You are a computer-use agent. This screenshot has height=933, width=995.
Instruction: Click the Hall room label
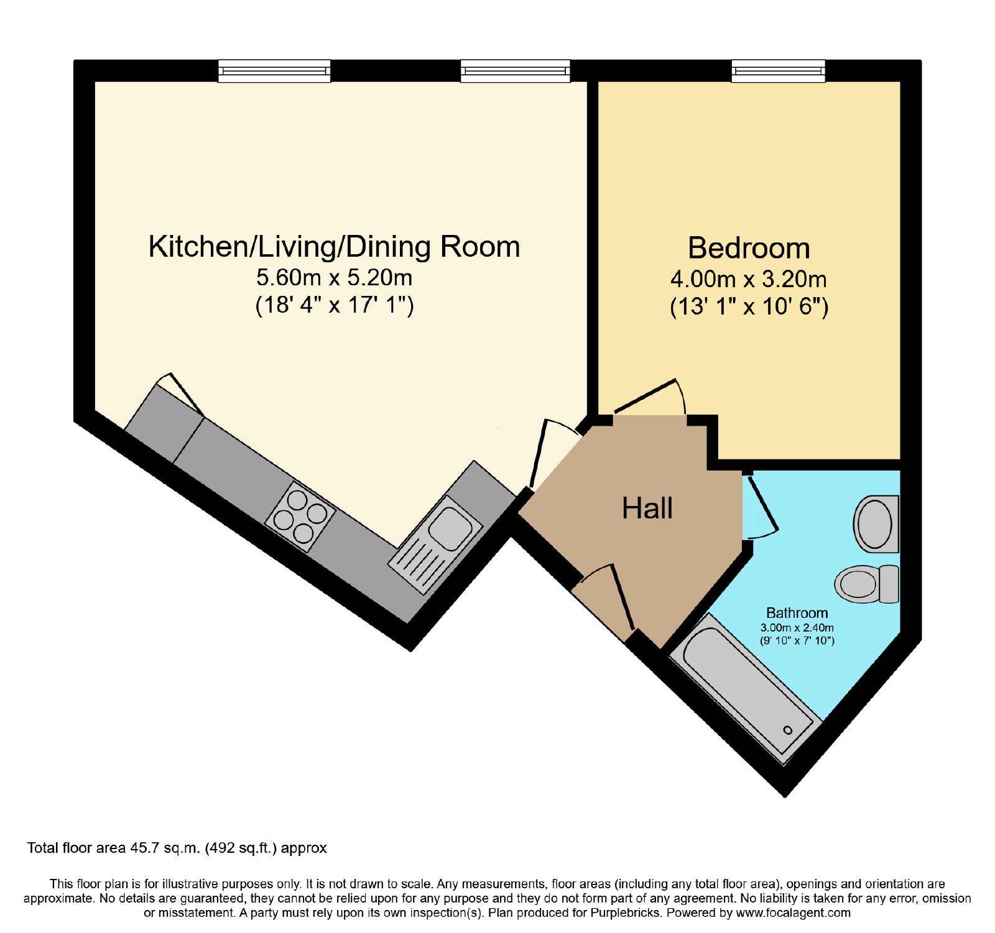(x=647, y=508)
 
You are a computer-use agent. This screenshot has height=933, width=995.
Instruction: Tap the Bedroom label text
(x=749, y=249)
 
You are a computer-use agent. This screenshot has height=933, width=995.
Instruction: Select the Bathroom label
(x=797, y=613)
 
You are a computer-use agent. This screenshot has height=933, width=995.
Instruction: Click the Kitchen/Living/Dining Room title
(x=335, y=247)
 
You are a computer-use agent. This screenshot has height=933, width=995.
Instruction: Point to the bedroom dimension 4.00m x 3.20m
(x=749, y=279)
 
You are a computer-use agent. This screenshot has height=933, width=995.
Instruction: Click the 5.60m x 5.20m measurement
(x=335, y=277)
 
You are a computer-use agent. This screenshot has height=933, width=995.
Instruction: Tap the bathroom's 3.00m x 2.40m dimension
(x=797, y=628)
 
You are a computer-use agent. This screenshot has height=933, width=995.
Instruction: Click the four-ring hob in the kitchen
(x=300, y=517)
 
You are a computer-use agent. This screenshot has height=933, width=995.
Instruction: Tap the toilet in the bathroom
(x=866, y=584)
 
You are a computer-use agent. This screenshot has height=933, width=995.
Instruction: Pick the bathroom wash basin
(x=876, y=524)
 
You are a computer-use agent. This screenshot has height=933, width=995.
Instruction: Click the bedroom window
(x=779, y=71)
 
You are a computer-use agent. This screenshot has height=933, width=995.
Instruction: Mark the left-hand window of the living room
(x=274, y=71)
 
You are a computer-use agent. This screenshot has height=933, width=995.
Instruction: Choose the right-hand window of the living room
(x=515, y=71)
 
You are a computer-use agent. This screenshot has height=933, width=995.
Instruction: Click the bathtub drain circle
(x=788, y=730)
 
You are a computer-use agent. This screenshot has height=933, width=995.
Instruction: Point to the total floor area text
(x=177, y=848)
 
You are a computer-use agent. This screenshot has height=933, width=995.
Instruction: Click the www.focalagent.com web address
(x=793, y=913)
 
